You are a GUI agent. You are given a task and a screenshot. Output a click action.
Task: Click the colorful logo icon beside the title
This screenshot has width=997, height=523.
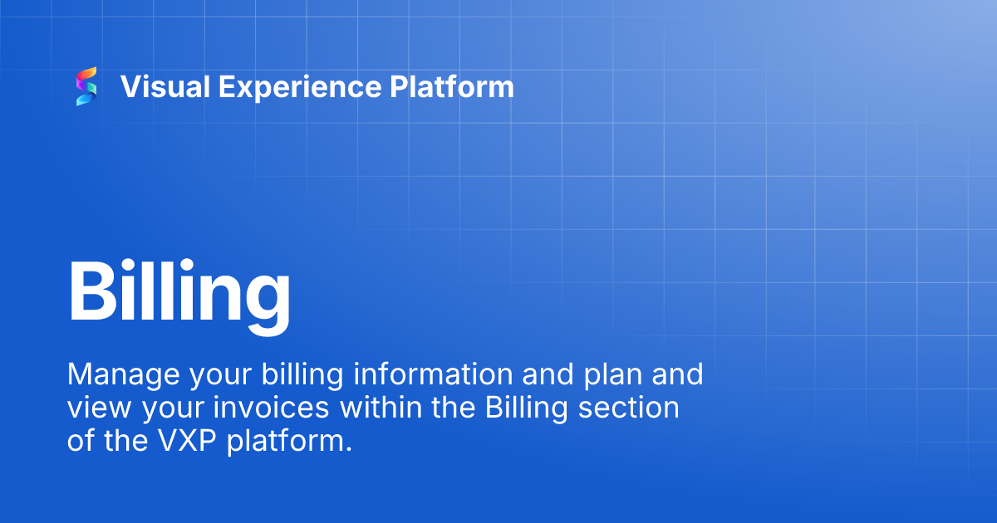coord(86,86)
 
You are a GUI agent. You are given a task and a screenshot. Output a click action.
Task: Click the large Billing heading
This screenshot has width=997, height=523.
coord(179,292)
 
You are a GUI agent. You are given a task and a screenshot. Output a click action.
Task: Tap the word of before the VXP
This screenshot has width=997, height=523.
coord(81,441)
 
